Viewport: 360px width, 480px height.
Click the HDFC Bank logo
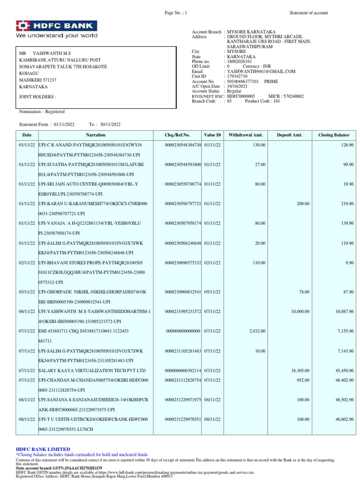[57, 29]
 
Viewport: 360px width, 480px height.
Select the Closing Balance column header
[334, 135]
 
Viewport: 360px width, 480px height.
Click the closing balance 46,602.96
[344, 419]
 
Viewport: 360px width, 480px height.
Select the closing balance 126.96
[347, 145]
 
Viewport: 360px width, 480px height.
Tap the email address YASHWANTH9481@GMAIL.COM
[261, 71]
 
